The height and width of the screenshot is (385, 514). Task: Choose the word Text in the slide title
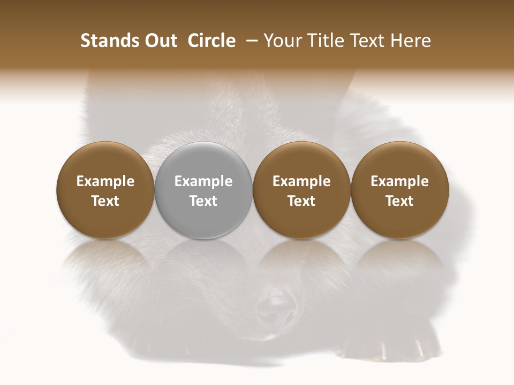368,41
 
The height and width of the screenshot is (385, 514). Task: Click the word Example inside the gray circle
203,181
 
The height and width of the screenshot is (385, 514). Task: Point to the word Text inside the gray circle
203,201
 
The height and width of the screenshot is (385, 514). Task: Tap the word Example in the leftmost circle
105,181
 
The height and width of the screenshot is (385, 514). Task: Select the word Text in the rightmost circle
400,201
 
